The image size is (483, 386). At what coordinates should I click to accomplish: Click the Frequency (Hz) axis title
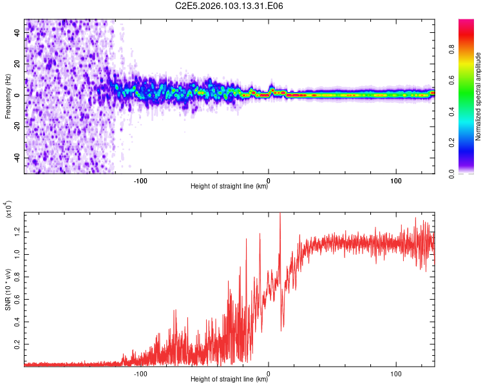[8, 96]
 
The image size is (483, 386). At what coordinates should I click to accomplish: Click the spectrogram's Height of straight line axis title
[229, 187]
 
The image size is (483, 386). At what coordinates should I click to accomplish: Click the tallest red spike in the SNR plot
[279, 215]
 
